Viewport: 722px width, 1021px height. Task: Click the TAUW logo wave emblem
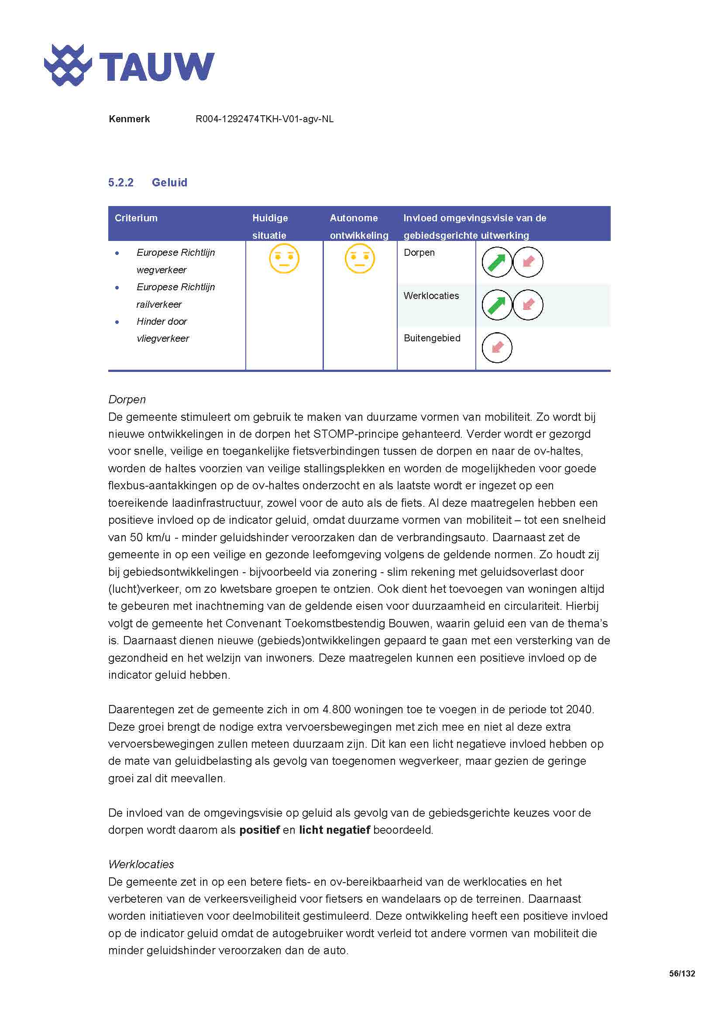68,65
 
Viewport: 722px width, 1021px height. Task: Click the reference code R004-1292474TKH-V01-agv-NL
264,119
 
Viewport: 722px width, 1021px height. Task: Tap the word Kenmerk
129,119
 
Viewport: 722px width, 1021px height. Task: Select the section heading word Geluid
169,182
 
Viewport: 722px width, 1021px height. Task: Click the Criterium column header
136,218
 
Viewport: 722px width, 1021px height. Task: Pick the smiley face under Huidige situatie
284,258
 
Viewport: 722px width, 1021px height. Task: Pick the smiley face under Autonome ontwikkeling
360,258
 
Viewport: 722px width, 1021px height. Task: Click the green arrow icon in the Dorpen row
497,262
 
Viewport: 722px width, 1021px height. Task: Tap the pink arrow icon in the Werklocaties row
528,305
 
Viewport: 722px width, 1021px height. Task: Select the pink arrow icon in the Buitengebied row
497,347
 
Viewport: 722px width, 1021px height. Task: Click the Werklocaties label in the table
431,296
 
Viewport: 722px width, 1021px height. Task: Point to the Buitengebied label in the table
432,338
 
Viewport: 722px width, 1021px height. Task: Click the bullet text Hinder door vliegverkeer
162,330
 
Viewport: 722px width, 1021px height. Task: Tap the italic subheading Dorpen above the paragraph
127,399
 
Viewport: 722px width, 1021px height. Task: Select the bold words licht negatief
334,830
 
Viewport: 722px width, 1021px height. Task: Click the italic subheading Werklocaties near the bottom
141,864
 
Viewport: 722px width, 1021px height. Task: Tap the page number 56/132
681,973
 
